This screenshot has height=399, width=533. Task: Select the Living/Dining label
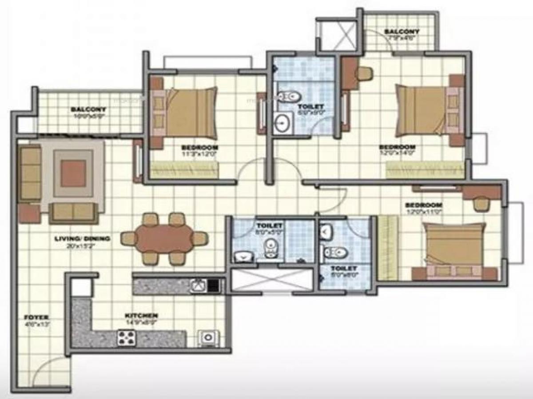pyautogui.click(x=82, y=239)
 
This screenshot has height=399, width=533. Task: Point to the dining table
pyautogui.click(x=164, y=239)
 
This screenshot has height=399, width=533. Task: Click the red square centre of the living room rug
pyautogui.click(x=73, y=173)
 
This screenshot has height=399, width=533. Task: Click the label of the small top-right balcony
pyautogui.click(x=402, y=31)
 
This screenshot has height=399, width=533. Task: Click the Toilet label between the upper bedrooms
pyautogui.click(x=310, y=106)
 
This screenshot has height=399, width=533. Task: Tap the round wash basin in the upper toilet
pyautogui.click(x=281, y=123)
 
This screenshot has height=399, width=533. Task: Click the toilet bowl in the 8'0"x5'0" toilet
pyautogui.click(x=270, y=248)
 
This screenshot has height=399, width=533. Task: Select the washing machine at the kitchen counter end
pyautogui.click(x=207, y=338)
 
